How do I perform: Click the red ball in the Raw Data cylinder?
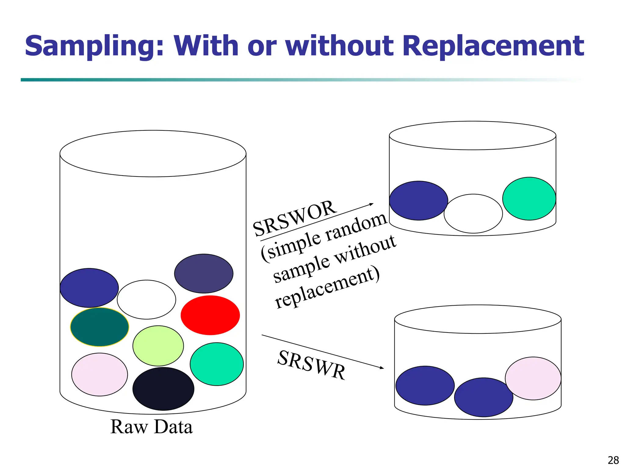pos(210,315)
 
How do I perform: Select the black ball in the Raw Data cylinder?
pos(163,389)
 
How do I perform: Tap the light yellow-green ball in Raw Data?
pos(158,346)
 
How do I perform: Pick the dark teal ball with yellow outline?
pos(99,327)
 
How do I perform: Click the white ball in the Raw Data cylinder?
pos(146,300)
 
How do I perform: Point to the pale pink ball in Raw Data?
pos(99,374)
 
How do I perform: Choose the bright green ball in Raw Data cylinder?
pos(217,364)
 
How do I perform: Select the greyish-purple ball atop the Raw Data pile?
pos(204,274)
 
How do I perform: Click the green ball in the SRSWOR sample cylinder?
pos(529,198)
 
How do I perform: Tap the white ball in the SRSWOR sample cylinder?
pos(473,213)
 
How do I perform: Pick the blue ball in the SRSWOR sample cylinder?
pos(418,201)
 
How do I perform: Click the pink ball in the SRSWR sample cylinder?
pos(533,378)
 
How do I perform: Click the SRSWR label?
pos(312,365)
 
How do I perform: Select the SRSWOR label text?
pos(295,218)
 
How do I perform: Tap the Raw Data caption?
pos(151,427)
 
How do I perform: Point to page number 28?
pos(613,460)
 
